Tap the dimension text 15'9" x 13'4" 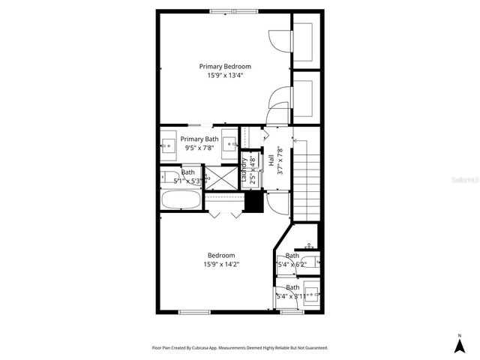click(225, 75)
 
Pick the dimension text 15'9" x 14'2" click(221, 264)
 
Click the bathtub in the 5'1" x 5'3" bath click(181, 200)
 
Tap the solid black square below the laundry click(255, 202)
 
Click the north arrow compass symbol click(459, 343)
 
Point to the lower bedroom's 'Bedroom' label click(221, 255)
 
